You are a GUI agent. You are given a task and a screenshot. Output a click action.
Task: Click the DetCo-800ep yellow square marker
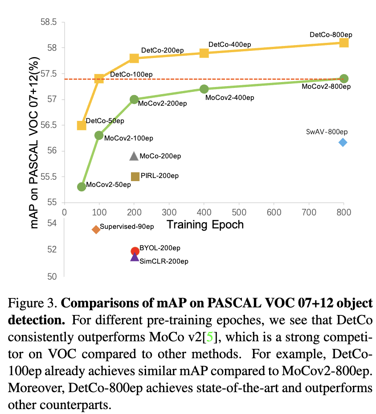click(x=343, y=42)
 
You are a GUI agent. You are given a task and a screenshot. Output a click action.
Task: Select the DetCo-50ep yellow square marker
click(x=82, y=125)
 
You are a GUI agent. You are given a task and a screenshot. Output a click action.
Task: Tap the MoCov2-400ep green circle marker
click(x=204, y=89)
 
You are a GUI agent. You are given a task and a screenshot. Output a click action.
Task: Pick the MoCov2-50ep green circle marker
click(x=82, y=186)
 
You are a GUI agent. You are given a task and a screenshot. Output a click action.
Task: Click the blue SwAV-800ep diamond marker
click(x=343, y=142)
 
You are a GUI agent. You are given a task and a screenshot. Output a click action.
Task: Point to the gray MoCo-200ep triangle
click(x=134, y=156)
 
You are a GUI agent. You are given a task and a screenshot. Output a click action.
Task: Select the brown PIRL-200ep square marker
click(x=135, y=177)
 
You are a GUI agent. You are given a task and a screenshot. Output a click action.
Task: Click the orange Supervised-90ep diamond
click(x=96, y=229)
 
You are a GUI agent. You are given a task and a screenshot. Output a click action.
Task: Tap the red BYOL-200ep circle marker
click(x=135, y=251)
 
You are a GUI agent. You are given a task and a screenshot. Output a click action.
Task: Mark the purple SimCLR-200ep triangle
click(x=135, y=257)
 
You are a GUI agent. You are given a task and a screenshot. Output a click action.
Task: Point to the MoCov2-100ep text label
click(x=128, y=138)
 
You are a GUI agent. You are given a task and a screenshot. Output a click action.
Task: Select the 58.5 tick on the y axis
click(x=49, y=22)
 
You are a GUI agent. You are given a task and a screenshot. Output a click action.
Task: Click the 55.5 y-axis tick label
click(x=49, y=177)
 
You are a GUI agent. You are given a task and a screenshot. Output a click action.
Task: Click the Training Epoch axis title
click(x=205, y=224)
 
